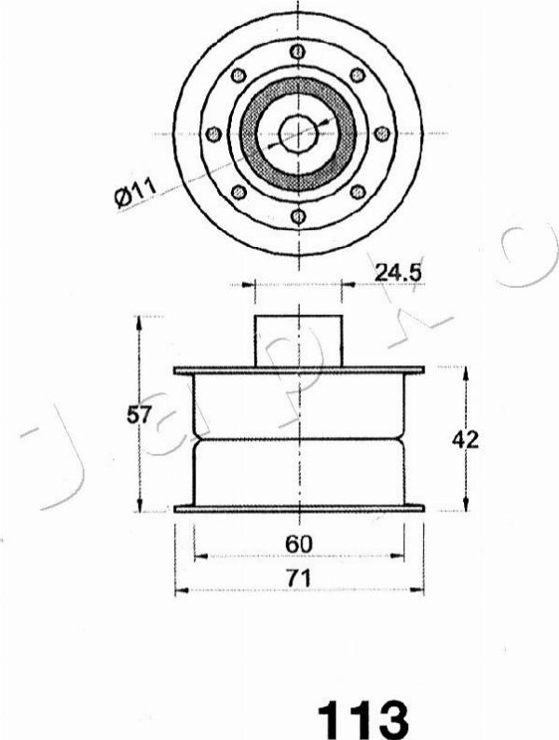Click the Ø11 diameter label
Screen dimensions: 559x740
coord(136,193)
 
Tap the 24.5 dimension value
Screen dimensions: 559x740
coord(397,272)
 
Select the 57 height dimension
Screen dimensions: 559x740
coord(139,415)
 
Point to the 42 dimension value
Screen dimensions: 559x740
coord(465,440)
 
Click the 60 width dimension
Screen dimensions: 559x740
coord(299,544)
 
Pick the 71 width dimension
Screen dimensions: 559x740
coord(299,578)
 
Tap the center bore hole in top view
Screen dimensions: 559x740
coord(297,134)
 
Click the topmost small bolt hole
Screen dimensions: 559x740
coord(297,51)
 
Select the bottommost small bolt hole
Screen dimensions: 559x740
coord(298,216)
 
